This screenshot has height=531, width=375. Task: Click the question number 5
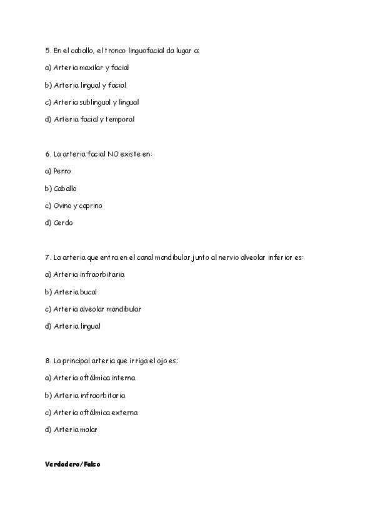point(47,50)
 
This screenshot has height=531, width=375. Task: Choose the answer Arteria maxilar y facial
point(91,68)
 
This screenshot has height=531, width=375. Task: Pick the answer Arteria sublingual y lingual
point(96,102)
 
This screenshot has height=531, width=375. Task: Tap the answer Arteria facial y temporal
point(94,119)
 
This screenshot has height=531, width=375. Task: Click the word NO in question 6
point(113,153)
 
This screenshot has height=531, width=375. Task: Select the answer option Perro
point(62,171)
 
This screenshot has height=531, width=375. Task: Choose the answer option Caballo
point(65,188)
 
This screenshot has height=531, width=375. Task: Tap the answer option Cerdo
point(63,222)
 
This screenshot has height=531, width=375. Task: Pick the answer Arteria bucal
point(75,292)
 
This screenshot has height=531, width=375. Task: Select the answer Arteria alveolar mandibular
point(97,309)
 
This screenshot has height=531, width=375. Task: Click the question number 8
point(47,361)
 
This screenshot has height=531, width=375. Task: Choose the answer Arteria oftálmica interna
point(94,378)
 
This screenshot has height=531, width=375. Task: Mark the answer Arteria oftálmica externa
point(96,413)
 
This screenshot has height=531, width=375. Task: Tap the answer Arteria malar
point(76,430)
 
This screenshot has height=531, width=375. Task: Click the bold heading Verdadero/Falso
point(72,465)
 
